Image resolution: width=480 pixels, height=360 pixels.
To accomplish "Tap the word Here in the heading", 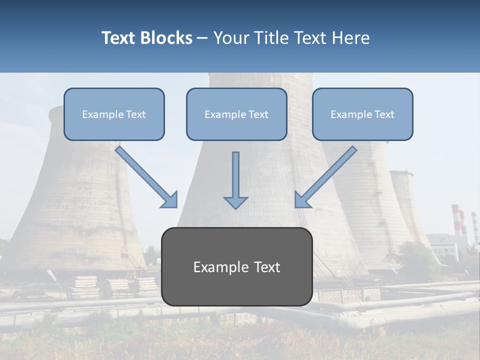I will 351,38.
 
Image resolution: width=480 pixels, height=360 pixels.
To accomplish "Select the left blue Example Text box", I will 114,114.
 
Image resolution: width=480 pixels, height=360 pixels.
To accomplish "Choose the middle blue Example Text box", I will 236,114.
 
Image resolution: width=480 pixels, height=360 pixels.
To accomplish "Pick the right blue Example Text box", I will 362,114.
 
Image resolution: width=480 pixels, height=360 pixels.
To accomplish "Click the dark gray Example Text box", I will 236,267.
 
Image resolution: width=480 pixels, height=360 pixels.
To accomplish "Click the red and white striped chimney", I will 455,220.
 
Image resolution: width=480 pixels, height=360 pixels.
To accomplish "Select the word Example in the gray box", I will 218,267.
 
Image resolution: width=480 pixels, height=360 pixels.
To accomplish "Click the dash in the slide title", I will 202,38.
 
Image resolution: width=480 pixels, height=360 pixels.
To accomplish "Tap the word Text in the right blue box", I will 384,114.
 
